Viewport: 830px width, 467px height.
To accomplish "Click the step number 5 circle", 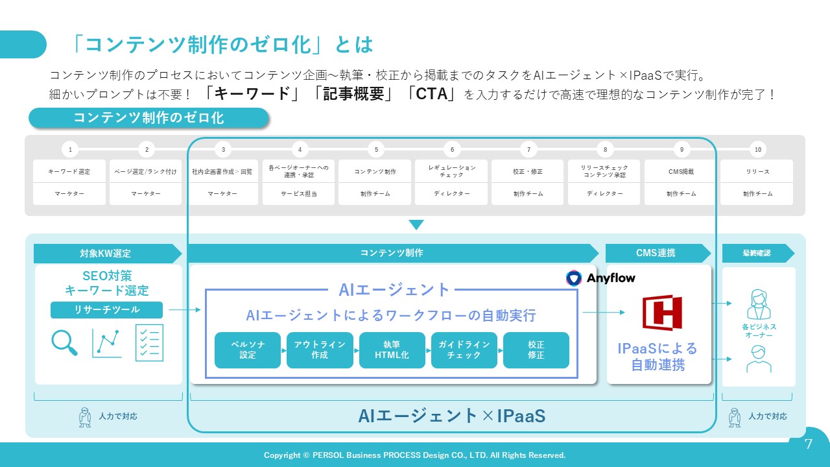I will pos(376,150).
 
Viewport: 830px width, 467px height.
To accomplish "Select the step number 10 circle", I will pos(757,150).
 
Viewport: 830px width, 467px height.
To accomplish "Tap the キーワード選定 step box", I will pos(69,172).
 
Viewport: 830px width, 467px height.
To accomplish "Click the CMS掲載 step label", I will pos(681,172).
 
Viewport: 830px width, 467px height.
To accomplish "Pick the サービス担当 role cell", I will pos(299,194).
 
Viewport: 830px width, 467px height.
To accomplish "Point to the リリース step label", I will pos(757,172).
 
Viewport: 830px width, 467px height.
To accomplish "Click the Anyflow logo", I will pos(601,278).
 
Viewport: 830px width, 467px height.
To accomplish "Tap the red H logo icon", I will pos(662,313).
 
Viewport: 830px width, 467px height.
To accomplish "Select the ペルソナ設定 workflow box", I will pos(248,350).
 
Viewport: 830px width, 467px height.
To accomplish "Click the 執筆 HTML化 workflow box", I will pos(392,350).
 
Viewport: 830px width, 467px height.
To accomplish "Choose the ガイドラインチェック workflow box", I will pos(464,350).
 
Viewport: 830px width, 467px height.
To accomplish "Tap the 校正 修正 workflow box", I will pos(536,350).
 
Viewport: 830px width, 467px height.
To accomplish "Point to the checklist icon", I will pos(149,342).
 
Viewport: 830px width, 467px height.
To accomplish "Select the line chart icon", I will pos(106,343).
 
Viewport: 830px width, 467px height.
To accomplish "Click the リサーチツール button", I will pos(106,310).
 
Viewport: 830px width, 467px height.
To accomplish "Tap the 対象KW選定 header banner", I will pos(106,253).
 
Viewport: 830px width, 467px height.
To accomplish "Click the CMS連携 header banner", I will pos(658,253).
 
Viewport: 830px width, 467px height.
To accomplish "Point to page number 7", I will pos(808,444).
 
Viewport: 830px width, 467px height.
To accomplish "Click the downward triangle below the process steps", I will pos(416,225).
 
